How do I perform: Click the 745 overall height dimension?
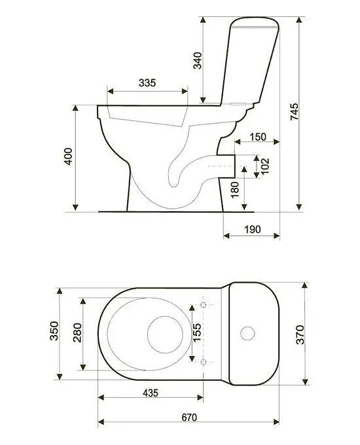[x=294, y=111]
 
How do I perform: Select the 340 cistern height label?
[x=197, y=60]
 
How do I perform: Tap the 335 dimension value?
[x=147, y=83]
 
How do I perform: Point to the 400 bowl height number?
[x=68, y=156]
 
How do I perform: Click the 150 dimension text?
[x=258, y=137]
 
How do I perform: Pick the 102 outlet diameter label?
[x=264, y=166]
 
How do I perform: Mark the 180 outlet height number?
[x=235, y=190]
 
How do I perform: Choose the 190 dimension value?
[x=253, y=229]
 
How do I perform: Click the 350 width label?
[x=54, y=331]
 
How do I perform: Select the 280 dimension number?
[x=77, y=332]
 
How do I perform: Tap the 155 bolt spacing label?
[x=197, y=332]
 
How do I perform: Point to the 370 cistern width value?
[x=300, y=335]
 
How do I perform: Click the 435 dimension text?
[x=151, y=393]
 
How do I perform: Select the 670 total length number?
[x=189, y=418]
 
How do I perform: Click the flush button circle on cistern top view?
[x=247, y=333]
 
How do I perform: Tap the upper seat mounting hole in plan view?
[x=204, y=305]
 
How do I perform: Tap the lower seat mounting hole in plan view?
[x=204, y=362]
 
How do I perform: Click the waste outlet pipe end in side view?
[x=234, y=166]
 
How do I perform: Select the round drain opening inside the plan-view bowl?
[x=165, y=334]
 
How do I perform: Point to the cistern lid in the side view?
[x=255, y=22]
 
